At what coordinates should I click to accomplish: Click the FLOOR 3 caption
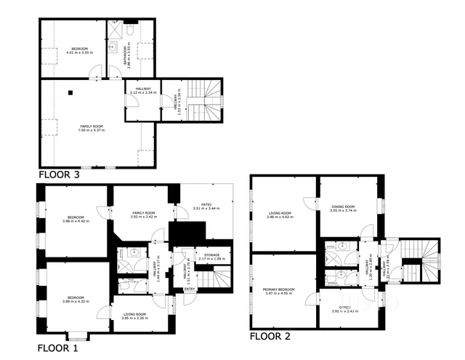click(x=59, y=175)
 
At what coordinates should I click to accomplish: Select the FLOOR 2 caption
click(x=270, y=336)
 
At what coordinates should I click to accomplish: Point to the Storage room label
click(x=211, y=257)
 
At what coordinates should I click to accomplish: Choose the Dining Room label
click(x=344, y=209)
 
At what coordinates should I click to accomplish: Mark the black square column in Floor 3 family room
click(x=70, y=92)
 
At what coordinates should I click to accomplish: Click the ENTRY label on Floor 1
click(x=190, y=289)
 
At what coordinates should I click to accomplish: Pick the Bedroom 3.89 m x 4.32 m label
click(x=76, y=299)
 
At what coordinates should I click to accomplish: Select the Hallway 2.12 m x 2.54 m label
click(x=142, y=92)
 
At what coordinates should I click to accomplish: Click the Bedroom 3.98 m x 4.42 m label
click(x=76, y=219)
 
